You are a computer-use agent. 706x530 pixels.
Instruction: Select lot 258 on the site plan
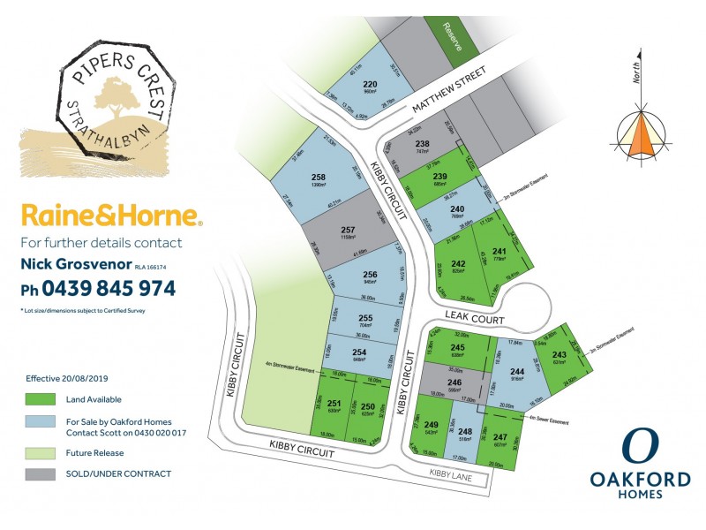tap(319, 181)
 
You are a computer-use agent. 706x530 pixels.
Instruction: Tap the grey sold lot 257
tap(346, 234)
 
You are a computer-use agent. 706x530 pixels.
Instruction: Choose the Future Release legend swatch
tap(40, 451)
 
